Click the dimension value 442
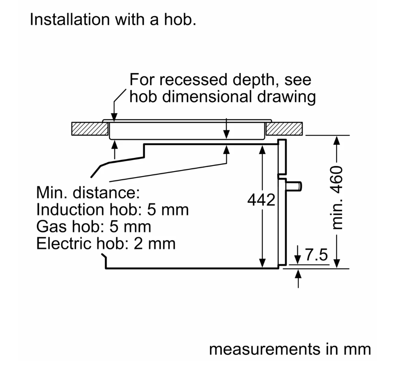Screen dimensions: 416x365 pos(261,200)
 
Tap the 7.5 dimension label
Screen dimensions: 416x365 pos(317,255)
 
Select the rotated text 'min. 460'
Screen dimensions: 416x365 pos(337,197)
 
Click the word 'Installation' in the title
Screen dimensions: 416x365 pos(70,20)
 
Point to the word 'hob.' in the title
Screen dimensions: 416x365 pos(180,20)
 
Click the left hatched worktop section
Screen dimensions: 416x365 pos(90,129)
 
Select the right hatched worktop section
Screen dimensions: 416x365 pos(284,129)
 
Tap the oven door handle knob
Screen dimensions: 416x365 pos(294,186)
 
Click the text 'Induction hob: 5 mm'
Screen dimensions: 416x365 pos(113,209)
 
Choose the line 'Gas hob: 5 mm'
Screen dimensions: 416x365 pos(94,227)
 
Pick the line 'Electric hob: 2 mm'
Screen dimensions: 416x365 pos(106,243)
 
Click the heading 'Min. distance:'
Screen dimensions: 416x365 pos(88,192)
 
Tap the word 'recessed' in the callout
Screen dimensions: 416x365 pos(193,79)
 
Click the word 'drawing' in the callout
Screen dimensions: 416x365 pos(287,97)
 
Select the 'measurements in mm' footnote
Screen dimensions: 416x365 pos(290,349)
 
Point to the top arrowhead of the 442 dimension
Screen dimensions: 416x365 pos(262,150)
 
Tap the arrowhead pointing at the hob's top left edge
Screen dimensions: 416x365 pos(114,117)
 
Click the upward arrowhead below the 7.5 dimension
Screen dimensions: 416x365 pos(298,273)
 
